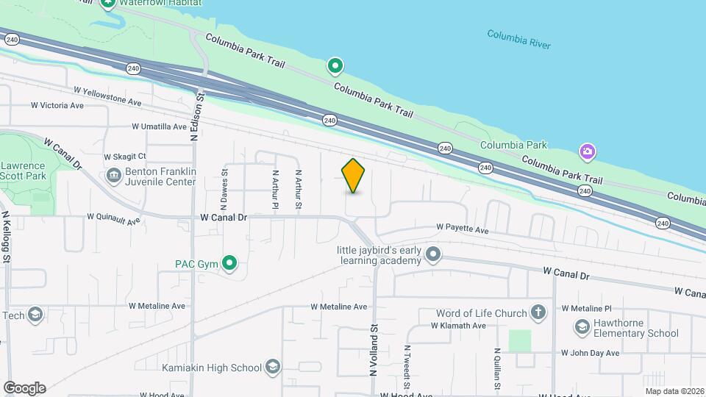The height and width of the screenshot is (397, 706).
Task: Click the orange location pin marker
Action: (353, 176)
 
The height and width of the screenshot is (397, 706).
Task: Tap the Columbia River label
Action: (518, 38)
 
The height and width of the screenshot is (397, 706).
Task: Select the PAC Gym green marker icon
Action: (229, 262)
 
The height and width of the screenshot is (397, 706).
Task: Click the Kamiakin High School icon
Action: (273, 368)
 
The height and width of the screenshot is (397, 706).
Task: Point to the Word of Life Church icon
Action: (538, 313)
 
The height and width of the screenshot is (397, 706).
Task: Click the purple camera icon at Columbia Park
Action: (587, 152)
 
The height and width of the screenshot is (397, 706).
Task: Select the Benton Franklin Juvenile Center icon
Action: (115, 176)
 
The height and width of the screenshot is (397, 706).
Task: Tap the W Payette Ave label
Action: (462, 229)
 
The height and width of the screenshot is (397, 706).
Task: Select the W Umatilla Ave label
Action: (160, 126)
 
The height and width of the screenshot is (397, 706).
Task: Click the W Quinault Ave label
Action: (113, 218)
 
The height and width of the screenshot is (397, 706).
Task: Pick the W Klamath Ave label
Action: (458, 326)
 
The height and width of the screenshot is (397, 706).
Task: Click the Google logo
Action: (24, 387)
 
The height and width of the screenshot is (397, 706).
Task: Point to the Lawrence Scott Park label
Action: (22, 171)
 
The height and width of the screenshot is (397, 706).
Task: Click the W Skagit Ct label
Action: (125, 157)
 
